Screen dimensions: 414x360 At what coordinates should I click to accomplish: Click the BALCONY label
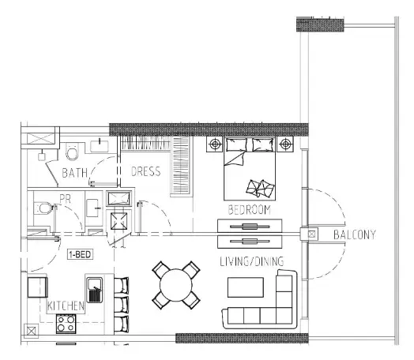coord(355,234)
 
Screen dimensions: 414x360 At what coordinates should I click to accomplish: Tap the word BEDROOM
coord(250,210)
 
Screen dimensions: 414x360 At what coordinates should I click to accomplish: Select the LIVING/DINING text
coord(252,261)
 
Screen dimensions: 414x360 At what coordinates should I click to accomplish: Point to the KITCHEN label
coord(66,306)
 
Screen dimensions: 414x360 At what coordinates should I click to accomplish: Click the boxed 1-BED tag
coord(80,254)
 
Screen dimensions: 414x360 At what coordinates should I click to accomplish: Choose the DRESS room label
coord(145,171)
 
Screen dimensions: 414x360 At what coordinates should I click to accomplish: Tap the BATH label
coord(75,173)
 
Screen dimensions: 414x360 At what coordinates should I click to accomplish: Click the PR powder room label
coord(66,199)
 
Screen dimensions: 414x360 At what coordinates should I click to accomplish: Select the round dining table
coord(176,285)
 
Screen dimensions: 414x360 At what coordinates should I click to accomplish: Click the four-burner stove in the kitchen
coord(66,324)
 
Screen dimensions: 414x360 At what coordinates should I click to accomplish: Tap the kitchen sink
coord(95,290)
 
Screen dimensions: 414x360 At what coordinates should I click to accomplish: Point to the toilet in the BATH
coord(72,151)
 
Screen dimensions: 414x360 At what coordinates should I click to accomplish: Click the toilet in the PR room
coord(43,208)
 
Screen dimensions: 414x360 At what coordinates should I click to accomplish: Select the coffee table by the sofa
coord(246,287)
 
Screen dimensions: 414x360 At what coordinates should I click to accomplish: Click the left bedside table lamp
coord(215,144)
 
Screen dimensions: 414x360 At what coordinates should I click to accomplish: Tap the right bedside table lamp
coord(285,144)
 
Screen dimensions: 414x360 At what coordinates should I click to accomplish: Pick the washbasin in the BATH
coord(100,146)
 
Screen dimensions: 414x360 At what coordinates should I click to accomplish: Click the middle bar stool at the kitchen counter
coord(122,305)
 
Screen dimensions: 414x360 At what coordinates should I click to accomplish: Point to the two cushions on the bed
coord(261,189)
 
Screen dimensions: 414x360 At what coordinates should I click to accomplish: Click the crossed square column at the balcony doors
coord(312,234)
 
